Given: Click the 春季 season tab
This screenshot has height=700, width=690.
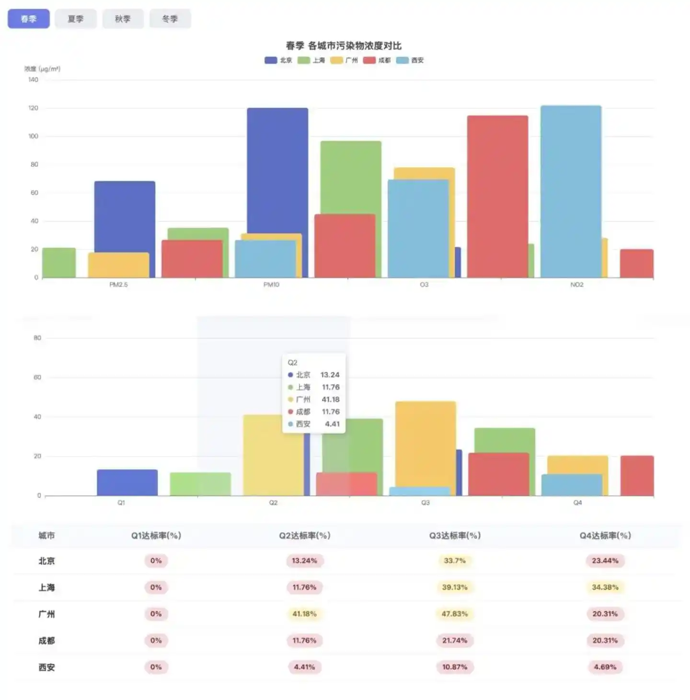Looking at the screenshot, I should point(28,19).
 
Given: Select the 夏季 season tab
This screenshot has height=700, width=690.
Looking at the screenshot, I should point(75,19).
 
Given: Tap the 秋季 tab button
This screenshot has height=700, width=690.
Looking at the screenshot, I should point(123,19).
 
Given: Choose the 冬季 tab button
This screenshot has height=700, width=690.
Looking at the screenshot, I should point(170,19).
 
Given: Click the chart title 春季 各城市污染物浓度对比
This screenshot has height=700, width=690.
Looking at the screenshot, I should point(344,46).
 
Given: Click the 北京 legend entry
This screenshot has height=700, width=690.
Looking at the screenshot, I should point(278,60).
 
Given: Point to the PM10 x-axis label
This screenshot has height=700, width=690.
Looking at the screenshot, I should point(271,285).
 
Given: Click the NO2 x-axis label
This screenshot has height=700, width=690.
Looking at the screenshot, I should point(577,285).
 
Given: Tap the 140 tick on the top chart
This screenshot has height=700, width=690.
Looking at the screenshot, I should point(33,80).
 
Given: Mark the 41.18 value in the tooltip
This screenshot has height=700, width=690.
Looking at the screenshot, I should point(331,399).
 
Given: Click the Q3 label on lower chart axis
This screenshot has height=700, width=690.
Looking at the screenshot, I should point(425,503).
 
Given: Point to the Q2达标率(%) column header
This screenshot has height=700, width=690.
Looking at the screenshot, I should point(305,536).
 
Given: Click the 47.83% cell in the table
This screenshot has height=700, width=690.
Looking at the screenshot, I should point(454,614).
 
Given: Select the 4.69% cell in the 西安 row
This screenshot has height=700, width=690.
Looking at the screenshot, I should point(605,667).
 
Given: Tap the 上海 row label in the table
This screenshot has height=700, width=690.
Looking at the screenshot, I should point(46,587).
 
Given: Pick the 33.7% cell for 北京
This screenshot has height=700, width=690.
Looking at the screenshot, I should point(454,561).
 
